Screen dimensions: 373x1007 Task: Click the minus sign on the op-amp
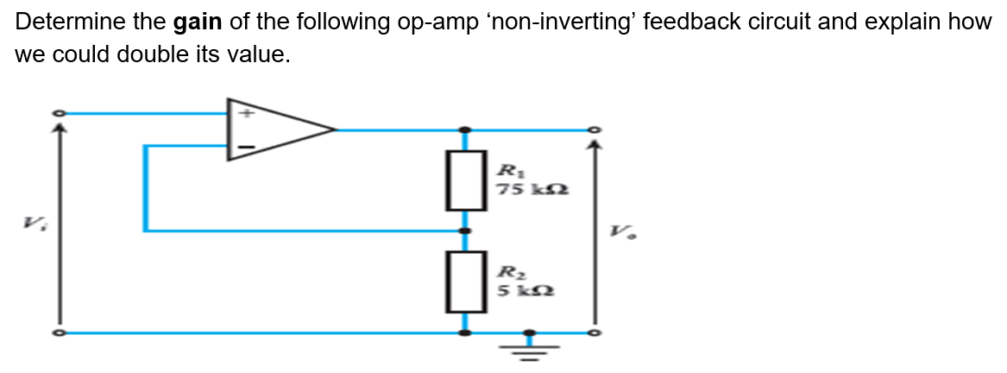pyautogui.click(x=245, y=148)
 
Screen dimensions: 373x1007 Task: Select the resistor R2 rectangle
pyautogui.click(x=465, y=281)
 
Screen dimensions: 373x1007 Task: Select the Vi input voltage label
pyautogui.click(x=32, y=226)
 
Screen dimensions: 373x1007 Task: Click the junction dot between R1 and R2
pyautogui.click(x=465, y=231)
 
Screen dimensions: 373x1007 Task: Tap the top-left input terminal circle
pyautogui.click(x=59, y=113)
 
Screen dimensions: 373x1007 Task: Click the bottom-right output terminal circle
pyautogui.click(x=592, y=332)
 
